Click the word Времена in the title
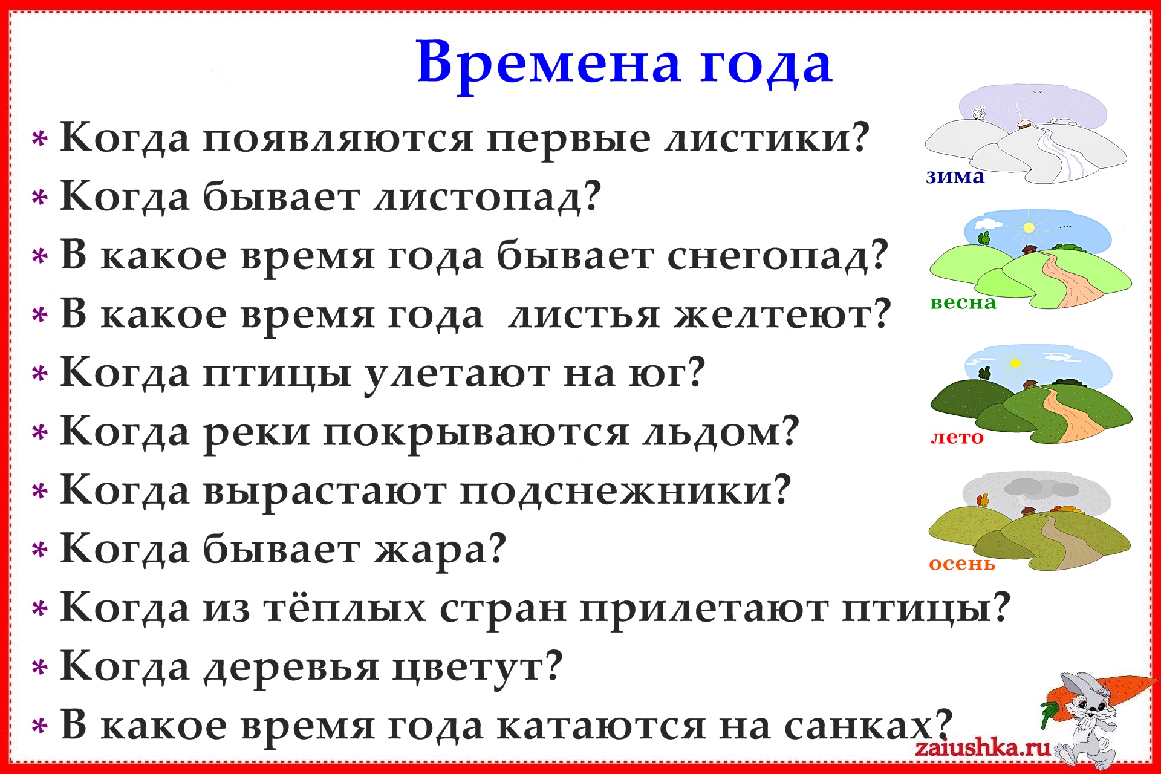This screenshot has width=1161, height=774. (549, 63)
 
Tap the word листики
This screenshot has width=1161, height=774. (766, 138)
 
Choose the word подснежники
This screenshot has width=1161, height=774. (625, 492)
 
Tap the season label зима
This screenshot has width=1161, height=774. (955, 177)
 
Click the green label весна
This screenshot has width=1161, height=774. (963, 302)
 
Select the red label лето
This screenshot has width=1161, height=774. (957, 437)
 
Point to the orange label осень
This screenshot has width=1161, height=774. (962, 564)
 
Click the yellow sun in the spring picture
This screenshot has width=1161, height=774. (1029, 227)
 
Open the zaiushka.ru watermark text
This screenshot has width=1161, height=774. (983, 747)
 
